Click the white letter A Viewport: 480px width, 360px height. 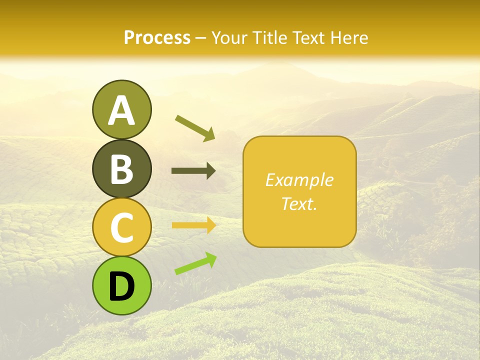pos(121,111)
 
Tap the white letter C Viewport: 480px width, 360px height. pos(121,227)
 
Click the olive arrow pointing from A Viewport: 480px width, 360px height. pos(195,127)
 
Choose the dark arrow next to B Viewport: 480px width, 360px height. pos(193,171)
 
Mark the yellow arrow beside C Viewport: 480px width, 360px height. pos(193,225)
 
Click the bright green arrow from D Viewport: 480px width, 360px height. pos(195,263)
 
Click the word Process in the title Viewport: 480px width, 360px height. pos(157,37)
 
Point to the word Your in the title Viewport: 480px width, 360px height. pos(228,37)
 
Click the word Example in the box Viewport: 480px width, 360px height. pos(299,180)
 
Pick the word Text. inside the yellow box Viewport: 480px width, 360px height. pos(299,203)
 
